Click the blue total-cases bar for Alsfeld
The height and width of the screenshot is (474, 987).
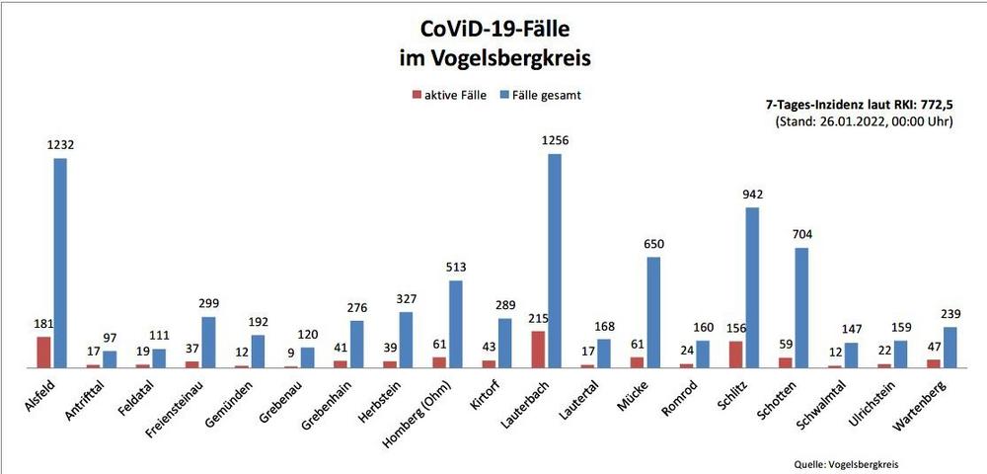tap(60, 263)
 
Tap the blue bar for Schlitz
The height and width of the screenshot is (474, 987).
tap(752, 286)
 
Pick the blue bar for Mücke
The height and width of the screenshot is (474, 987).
tap(653, 312)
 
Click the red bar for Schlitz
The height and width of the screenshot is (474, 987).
tap(735, 355)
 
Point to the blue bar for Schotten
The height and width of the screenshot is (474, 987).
tap(801, 307)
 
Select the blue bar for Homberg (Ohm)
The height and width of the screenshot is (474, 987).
tap(455, 324)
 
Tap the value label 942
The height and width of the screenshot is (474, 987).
tap(752, 194)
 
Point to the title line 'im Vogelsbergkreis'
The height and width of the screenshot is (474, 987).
tap(493, 58)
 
